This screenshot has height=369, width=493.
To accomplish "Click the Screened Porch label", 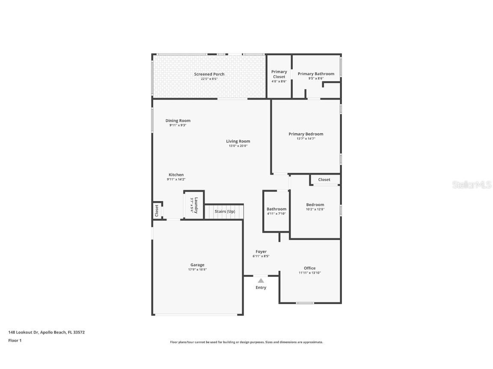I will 209,74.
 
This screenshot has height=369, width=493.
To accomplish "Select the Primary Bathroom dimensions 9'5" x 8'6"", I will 316,79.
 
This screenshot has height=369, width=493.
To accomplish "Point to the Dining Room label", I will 178,121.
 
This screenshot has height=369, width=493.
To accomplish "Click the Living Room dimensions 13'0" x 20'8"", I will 238,146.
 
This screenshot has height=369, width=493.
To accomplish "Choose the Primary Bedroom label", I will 306,134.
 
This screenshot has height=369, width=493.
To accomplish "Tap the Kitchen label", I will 176,175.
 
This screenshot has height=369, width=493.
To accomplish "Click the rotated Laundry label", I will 196,205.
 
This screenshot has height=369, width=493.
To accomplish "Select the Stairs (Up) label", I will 225,211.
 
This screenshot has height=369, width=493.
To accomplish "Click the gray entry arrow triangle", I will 261,281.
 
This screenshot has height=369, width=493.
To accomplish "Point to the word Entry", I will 261,287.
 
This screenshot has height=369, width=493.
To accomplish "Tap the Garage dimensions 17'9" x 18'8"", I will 197,269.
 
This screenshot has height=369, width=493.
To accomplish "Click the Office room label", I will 309,268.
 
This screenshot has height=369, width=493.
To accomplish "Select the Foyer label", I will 261,252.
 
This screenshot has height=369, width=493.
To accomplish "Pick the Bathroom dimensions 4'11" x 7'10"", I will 276,214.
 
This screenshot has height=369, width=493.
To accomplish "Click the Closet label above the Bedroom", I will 324,180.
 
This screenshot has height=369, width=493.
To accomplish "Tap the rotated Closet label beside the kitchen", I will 157,210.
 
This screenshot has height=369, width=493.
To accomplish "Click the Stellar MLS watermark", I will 471,185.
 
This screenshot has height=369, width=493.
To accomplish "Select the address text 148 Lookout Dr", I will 24,332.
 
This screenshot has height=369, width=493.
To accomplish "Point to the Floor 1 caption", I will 15,340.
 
